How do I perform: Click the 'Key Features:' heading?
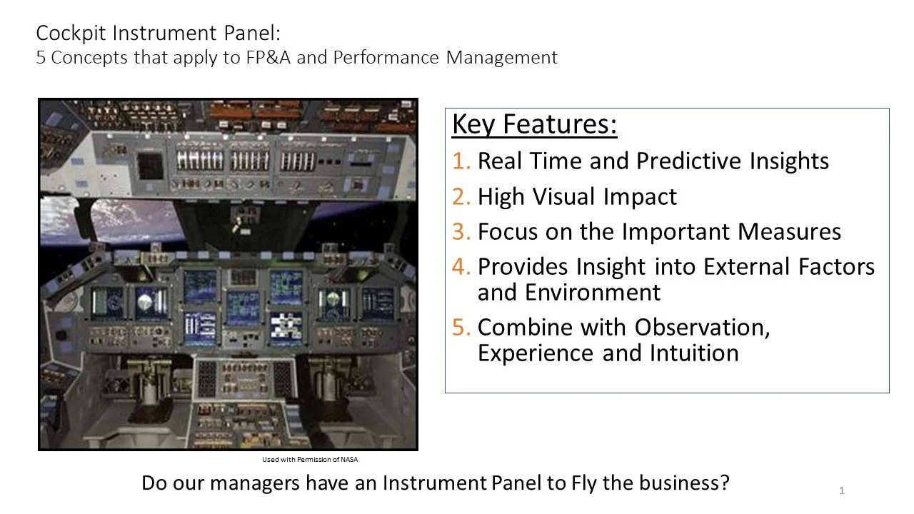coord(534,124)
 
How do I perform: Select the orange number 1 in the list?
coord(461,161)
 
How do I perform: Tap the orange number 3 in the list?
coord(461,232)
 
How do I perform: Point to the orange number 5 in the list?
coord(461,328)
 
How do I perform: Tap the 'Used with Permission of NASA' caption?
coord(310,460)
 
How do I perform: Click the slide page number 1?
coord(842,490)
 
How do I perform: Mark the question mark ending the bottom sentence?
coord(724,483)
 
